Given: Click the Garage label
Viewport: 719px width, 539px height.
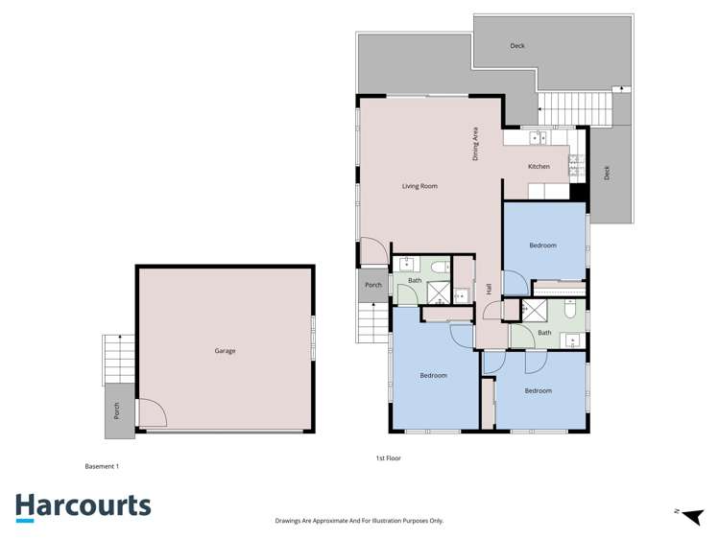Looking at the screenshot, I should point(225,351).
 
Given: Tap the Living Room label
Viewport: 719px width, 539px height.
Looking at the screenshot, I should point(419,186).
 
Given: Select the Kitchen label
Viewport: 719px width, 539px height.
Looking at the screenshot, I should point(539,167).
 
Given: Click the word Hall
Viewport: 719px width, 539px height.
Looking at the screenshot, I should point(489,289).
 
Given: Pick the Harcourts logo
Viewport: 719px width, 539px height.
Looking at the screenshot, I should point(83,506).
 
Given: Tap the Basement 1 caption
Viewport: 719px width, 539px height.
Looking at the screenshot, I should point(102,466).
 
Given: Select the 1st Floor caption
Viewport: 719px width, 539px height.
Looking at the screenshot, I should point(388,458).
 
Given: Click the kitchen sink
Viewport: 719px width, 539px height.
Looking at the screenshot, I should point(538,138).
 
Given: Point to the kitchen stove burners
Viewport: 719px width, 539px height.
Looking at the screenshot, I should point(575,167).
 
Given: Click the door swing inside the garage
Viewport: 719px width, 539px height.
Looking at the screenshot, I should point(152,413).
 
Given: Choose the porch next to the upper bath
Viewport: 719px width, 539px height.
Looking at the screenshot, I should point(373,285).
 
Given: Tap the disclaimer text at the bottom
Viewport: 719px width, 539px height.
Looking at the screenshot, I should point(359,521).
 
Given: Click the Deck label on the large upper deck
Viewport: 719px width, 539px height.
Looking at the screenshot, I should point(517,46).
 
